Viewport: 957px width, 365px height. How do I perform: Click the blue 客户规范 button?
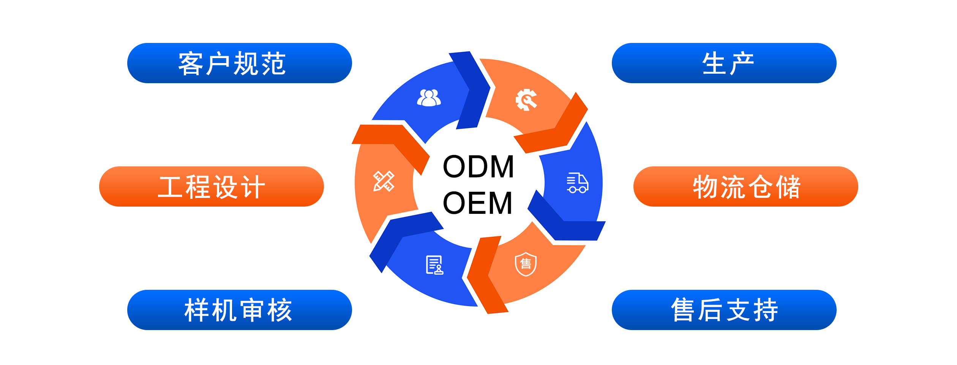tap(239, 63)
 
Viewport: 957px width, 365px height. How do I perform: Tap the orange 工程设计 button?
tap(211, 186)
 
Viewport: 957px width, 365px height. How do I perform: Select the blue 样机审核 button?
tap(239, 310)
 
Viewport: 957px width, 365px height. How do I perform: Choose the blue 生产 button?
tap(724, 63)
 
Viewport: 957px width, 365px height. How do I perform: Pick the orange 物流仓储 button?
tap(745, 186)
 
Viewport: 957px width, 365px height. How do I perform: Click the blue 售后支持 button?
tap(724, 310)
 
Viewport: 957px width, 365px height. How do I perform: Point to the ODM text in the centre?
tap(478, 166)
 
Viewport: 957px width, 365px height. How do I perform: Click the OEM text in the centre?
tap(478, 203)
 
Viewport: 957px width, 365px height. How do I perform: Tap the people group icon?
tap(429, 98)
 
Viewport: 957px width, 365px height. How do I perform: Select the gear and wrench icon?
tap(526, 100)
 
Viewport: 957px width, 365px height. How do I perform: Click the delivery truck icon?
tap(577, 183)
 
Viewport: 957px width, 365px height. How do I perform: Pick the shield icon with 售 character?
tap(526, 264)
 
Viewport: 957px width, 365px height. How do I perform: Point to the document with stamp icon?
tap(434, 265)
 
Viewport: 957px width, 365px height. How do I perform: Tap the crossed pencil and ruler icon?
tap(384, 181)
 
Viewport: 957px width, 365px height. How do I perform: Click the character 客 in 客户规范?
tap(191, 63)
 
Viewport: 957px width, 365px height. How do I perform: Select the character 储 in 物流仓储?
tap(788, 187)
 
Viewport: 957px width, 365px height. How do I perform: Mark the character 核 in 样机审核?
tap(280, 310)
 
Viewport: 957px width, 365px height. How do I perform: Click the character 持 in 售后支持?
tap(766, 310)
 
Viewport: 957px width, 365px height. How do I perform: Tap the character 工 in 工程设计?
tap(170, 187)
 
